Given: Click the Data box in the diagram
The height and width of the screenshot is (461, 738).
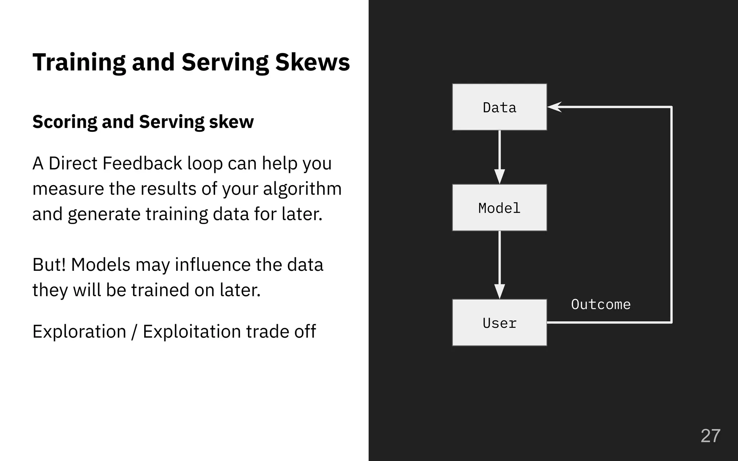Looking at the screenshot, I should tap(499, 107).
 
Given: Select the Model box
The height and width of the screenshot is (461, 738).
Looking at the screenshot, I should tap(499, 207).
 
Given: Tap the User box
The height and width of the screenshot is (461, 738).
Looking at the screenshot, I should tap(499, 322).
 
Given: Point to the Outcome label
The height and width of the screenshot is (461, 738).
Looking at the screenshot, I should tap(601, 305).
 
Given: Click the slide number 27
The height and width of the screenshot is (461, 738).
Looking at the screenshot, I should tap(710, 436).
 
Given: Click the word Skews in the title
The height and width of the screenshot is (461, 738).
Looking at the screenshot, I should tap(312, 62).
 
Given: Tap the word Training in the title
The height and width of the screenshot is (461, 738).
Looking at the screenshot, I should tap(79, 62).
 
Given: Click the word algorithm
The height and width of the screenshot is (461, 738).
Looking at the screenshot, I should tap(302, 189).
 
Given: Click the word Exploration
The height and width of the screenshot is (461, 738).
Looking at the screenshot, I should tap(79, 331).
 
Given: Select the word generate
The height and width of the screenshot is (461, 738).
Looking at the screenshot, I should tap(104, 214).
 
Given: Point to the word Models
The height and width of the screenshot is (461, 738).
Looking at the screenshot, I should tap(101, 265).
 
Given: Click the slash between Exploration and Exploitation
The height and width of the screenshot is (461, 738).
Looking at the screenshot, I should tap(134, 331).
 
